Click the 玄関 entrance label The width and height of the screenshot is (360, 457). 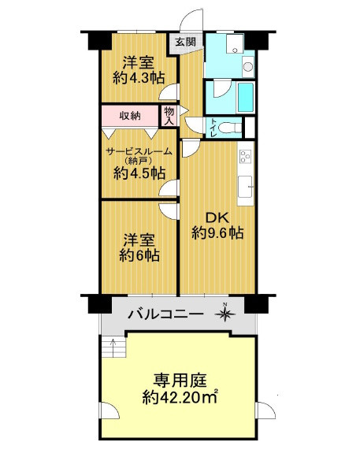click(185, 41)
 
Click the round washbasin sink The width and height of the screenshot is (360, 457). click(248, 66)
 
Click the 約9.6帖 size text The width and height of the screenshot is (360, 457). click(217, 232)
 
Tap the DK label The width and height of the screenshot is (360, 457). click(217, 215)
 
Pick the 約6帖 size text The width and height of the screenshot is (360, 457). click(140, 255)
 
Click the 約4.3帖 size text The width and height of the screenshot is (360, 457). click(138, 77)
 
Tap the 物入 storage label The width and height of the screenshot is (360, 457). click(169, 116)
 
